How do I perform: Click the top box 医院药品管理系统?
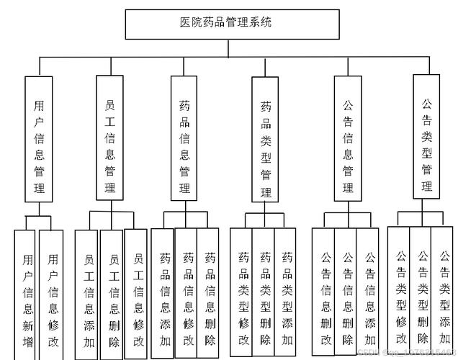coord(228,24)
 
